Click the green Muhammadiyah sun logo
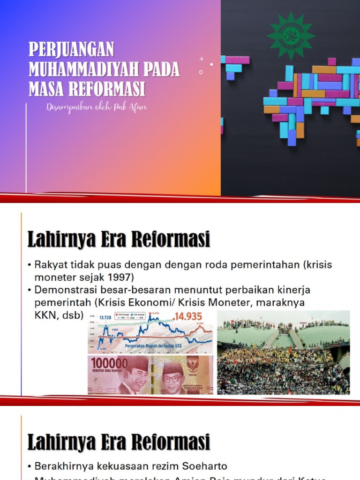click(x=291, y=35)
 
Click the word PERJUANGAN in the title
click(x=71, y=50)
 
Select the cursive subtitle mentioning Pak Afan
click(x=97, y=107)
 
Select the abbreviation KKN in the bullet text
click(x=45, y=315)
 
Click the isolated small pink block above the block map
click(x=332, y=61)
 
